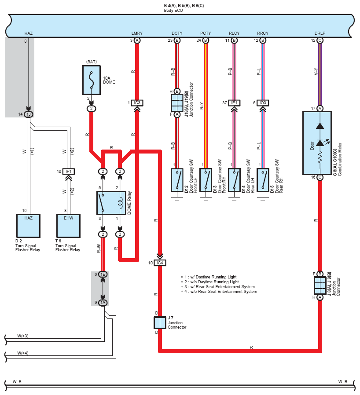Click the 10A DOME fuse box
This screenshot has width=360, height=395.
[x=92, y=80]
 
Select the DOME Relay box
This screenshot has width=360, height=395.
[x=111, y=203]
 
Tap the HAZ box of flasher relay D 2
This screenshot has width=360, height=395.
[x=29, y=226]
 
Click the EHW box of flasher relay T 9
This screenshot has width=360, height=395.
[x=68, y=226]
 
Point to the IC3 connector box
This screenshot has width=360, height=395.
[x=137, y=103]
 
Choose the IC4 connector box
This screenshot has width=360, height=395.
[x=160, y=263]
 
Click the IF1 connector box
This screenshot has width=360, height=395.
[x=68, y=172]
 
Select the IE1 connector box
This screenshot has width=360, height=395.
[x=234, y=103]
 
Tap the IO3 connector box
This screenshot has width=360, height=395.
[x=263, y=103]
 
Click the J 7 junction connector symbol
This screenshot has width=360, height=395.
[x=160, y=323]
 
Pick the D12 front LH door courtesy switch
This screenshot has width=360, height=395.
[x=177, y=180]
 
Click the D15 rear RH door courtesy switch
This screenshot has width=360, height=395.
[x=263, y=180]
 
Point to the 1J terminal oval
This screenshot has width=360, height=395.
[x=29, y=114]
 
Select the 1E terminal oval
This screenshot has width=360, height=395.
[x=103, y=274]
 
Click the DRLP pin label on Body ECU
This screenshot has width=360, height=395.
[x=320, y=33]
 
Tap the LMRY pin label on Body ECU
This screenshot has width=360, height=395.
[x=137, y=33]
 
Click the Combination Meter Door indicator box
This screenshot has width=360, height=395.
[x=317, y=143]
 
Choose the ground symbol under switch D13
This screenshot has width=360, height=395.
[x=206, y=200]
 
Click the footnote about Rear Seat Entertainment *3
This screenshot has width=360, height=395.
[x=218, y=287]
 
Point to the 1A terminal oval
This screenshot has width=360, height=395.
[x=103, y=303]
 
